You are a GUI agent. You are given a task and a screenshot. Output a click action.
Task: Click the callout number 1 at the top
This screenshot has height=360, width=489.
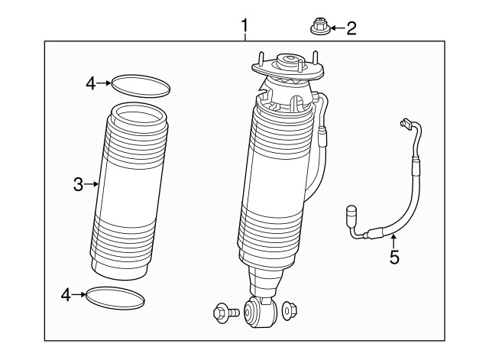coord(244,27)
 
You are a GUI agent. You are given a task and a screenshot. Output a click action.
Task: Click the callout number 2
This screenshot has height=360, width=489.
coord(351,29)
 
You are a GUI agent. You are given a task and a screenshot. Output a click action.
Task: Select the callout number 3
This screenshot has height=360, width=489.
coord(78,183)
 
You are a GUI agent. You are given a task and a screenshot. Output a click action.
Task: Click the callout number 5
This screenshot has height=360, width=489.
coord(394,257)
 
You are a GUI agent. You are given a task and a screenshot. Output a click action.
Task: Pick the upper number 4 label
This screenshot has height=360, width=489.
coord(91,83)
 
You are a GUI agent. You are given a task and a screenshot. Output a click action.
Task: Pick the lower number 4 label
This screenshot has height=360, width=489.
coord(66,294)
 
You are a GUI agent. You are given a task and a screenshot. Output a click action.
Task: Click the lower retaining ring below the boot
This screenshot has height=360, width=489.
coord(115,297)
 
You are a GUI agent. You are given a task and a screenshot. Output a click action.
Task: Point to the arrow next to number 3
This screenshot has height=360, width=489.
coord(92,183)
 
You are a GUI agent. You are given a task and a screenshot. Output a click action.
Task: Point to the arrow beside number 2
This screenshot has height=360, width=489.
coord(335,29)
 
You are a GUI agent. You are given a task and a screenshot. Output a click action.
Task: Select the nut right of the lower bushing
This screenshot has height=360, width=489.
coord(291,311)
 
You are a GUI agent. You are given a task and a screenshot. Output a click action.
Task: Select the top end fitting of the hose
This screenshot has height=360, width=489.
coord(404,124)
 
